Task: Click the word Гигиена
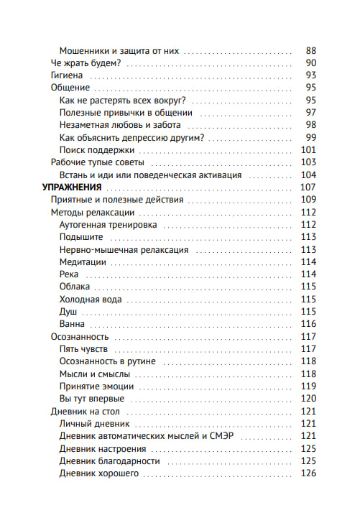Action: pyautogui.click(x=68, y=75)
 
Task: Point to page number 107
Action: pyautogui.click(x=308, y=187)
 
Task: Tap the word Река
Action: pyautogui.click(x=69, y=274)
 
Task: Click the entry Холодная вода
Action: pyautogui.click(x=91, y=299)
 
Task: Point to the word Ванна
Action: pyautogui.click(x=73, y=323)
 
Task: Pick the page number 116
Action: pyautogui.click(x=308, y=323)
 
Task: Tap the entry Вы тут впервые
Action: pyautogui.click(x=91, y=398)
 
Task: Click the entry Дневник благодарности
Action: pyautogui.click(x=109, y=460)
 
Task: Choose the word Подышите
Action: pyautogui.click(x=81, y=236)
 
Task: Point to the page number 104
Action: pyautogui.click(x=308, y=175)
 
